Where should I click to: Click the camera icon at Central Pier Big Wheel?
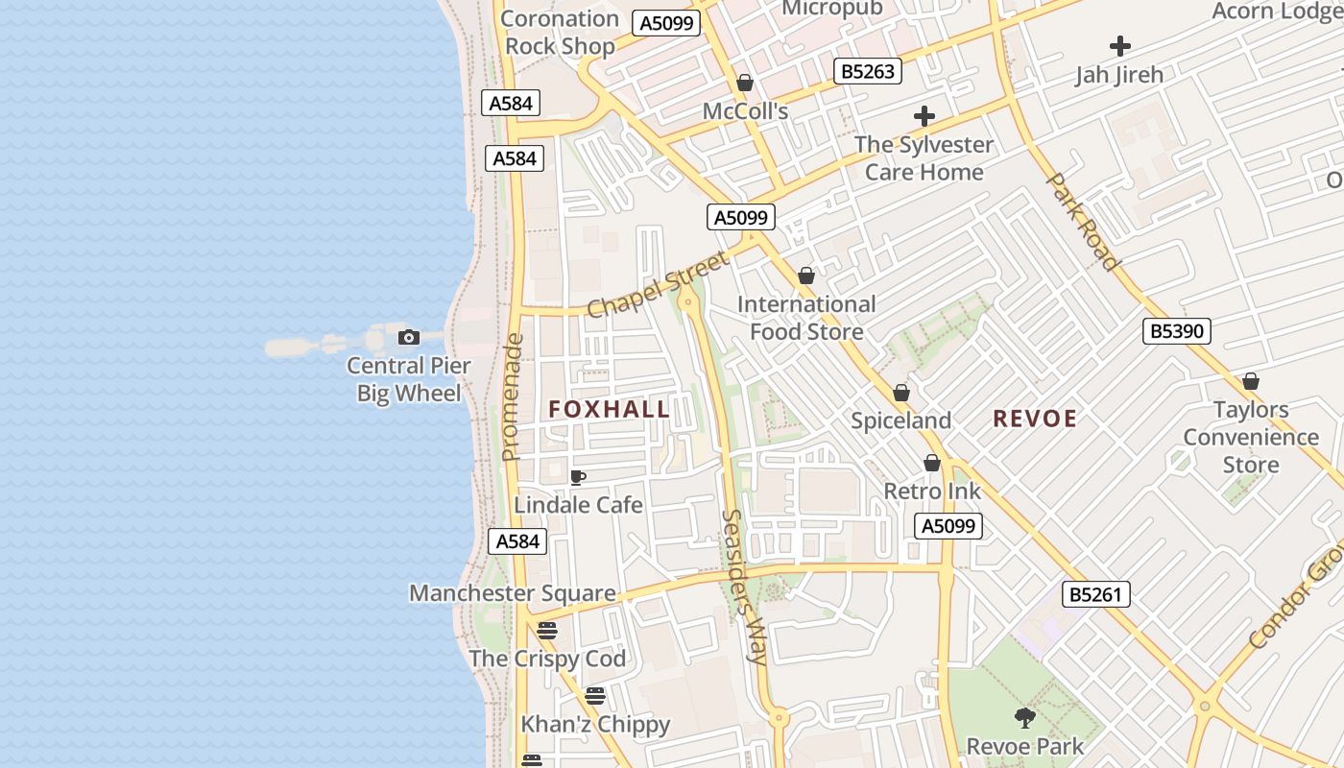tap(409, 337)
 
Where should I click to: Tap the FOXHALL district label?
tap(610, 410)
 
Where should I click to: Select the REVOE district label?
tap(1035, 419)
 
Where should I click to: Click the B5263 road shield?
tap(867, 71)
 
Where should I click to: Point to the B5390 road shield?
tap(1178, 332)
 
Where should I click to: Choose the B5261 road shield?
tap(1095, 594)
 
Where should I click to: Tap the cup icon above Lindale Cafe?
tap(578, 477)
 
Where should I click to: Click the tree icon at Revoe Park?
tap(1025, 717)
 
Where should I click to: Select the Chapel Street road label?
tap(658, 284)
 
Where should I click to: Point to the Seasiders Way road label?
tap(744, 587)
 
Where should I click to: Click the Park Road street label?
tap(1082, 221)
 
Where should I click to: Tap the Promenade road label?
tap(512, 396)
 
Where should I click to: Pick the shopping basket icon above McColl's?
tap(745, 84)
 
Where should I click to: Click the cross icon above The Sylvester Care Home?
tap(924, 117)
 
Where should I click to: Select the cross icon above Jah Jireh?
tap(1119, 46)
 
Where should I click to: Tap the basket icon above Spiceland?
tap(901, 394)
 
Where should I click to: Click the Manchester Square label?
tap(513, 593)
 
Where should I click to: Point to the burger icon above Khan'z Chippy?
tap(595, 696)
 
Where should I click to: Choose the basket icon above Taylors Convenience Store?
tap(1251, 382)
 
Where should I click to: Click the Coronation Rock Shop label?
tap(560, 32)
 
